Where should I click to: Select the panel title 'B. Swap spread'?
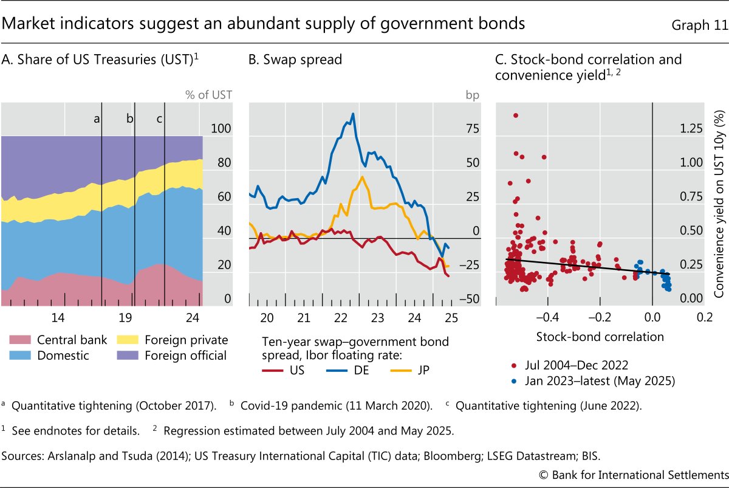(x=295, y=60)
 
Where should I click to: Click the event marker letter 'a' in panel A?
(x=97, y=119)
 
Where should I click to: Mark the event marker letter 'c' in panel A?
(x=159, y=119)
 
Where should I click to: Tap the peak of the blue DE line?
(x=354, y=114)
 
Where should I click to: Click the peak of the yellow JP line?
(x=362, y=177)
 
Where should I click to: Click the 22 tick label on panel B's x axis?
(x=341, y=317)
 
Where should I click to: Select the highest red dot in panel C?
(x=516, y=115)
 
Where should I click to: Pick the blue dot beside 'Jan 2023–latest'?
(x=515, y=382)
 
